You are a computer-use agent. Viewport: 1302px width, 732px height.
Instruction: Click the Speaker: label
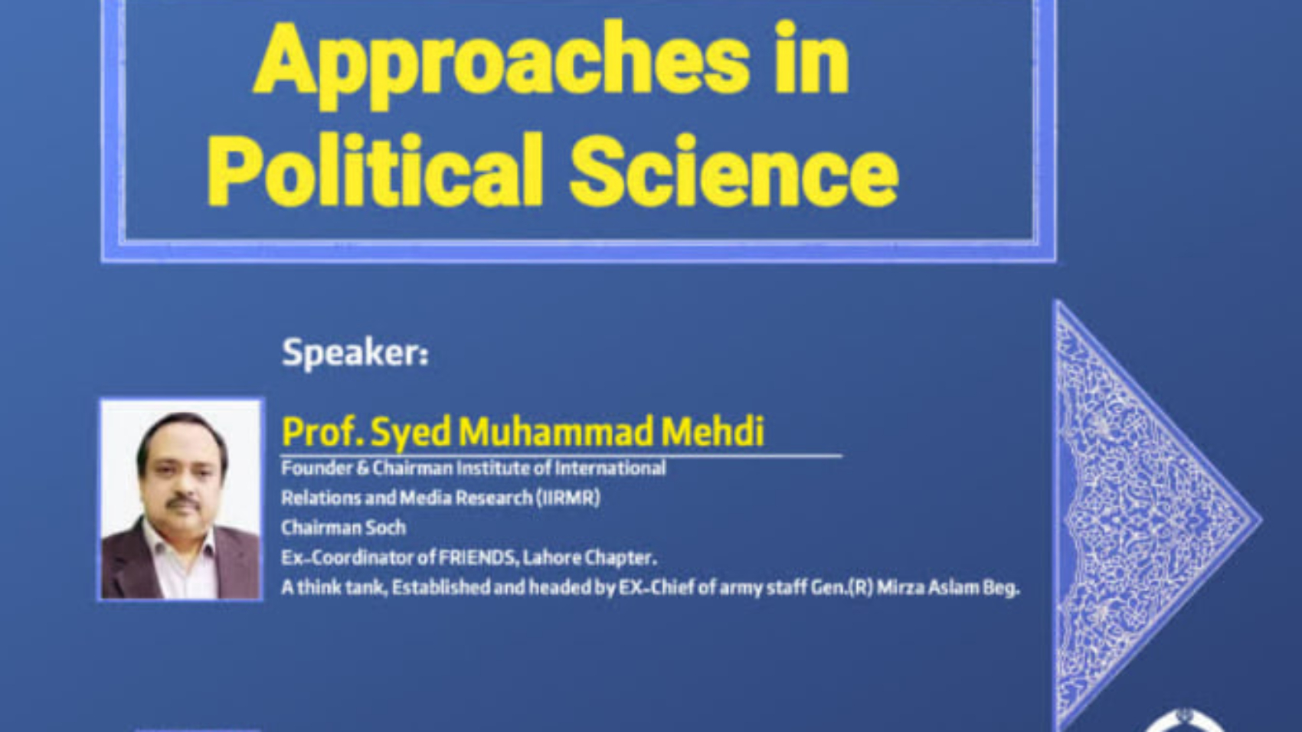click(355, 353)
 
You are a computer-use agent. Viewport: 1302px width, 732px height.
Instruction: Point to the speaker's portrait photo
click(181, 499)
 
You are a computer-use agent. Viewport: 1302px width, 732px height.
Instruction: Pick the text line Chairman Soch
click(344, 528)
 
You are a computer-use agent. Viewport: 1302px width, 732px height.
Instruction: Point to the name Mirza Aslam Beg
click(948, 588)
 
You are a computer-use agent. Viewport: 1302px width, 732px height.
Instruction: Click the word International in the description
click(610, 468)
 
